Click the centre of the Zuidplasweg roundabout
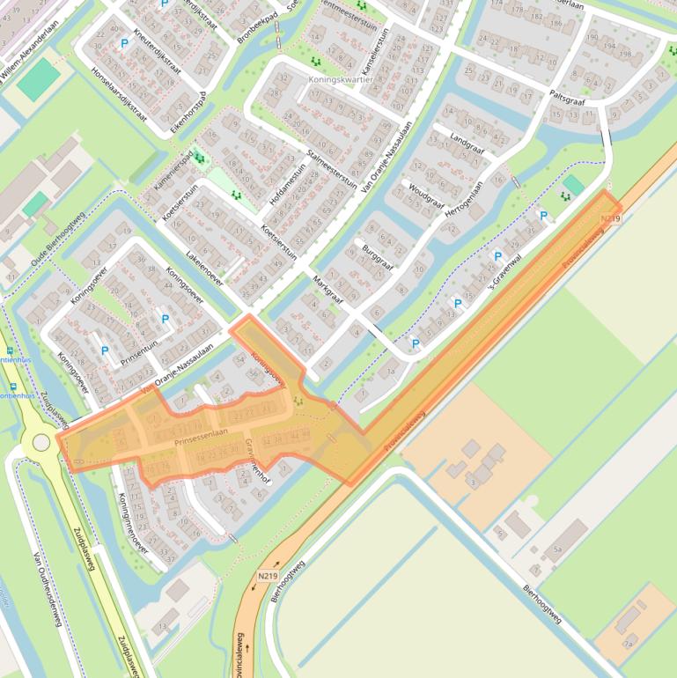40,442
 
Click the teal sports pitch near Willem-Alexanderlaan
39,79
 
